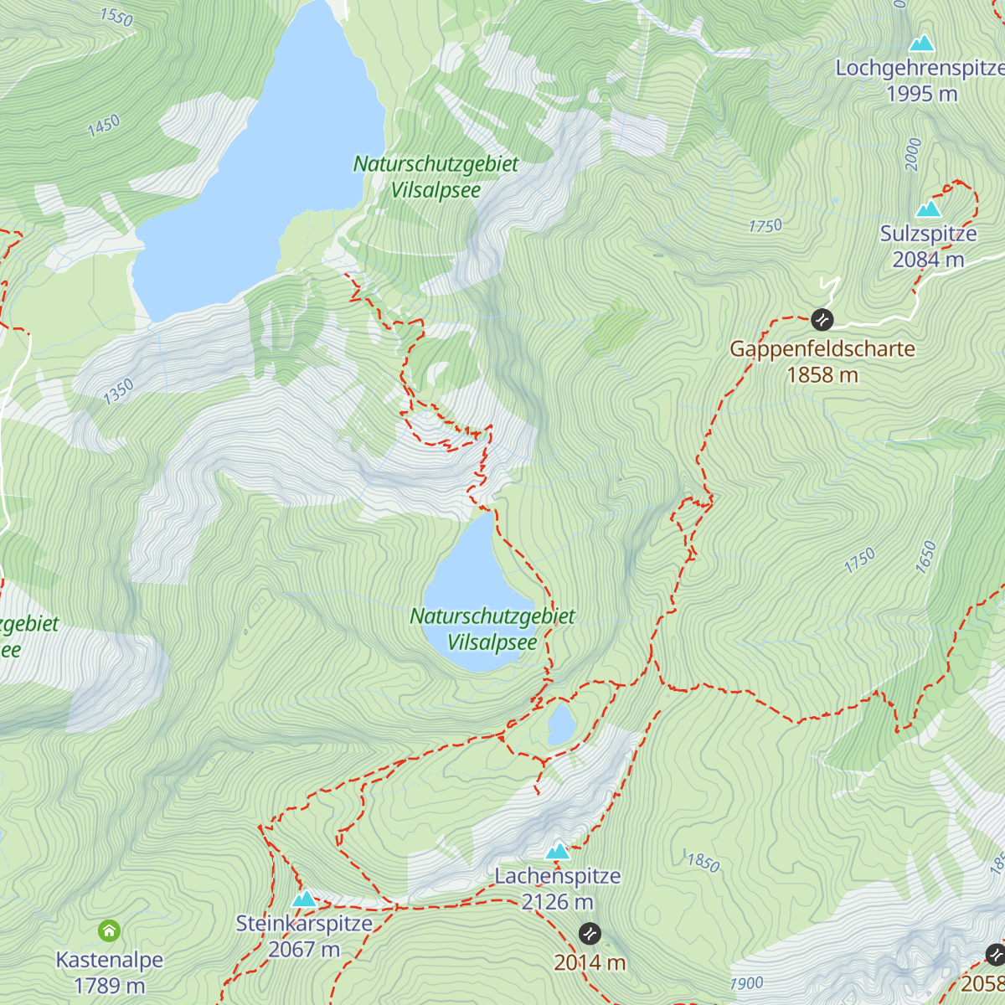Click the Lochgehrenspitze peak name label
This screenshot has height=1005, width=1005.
click(920, 68)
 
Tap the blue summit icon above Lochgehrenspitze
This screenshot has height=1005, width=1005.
click(921, 43)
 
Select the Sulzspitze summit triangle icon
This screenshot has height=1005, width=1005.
click(928, 209)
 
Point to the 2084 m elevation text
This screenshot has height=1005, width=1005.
click(928, 260)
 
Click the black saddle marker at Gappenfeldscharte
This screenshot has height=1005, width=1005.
click(822, 319)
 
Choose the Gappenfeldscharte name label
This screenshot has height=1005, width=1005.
click(822, 349)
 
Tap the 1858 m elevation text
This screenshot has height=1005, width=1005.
click(822, 375)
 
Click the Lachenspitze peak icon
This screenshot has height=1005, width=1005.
click(557, 852)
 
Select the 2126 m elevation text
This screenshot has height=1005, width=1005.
click(557, 902)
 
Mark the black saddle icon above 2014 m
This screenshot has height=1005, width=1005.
click(590, 933)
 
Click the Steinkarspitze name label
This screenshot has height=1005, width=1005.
click(304, 924)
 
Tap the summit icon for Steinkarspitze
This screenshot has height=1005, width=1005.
click(304, 899)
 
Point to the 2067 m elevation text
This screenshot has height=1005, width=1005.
click(304, 950)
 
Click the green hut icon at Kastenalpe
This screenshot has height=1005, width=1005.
click(109, 930)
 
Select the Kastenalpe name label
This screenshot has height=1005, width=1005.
click(109, 960)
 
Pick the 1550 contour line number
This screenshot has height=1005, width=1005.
click(116, 16)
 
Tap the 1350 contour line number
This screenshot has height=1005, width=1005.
click(118, 391)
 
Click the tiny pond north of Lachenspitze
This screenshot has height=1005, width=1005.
click(560, 724)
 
